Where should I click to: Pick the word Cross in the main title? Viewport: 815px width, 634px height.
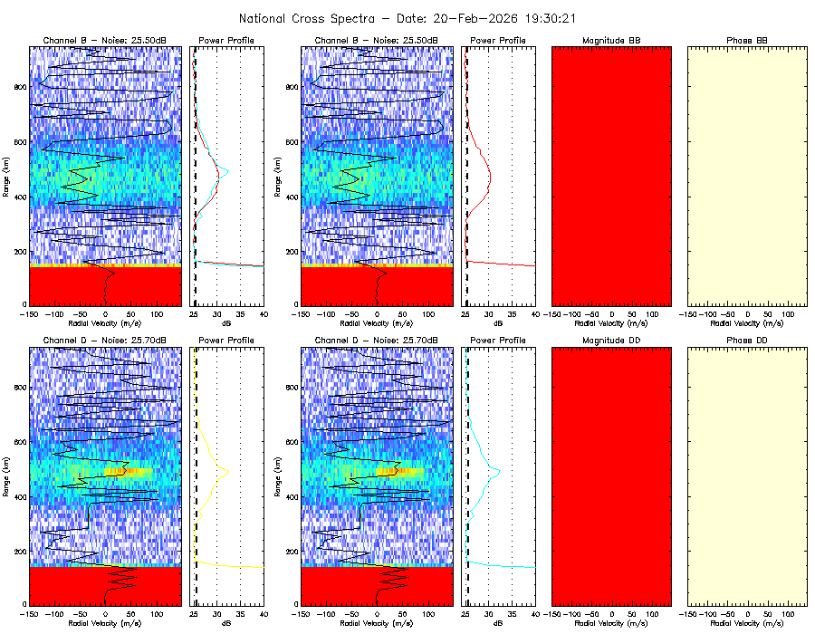(318, 18)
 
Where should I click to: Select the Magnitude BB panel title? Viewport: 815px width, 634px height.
(611, 41)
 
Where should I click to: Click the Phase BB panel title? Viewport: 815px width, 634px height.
(747, 41)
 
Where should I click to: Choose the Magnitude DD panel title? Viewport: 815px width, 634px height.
(611, 340)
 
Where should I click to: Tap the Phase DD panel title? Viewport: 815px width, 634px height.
(747, 340)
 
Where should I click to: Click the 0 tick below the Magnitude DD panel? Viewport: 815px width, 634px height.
(611, 613)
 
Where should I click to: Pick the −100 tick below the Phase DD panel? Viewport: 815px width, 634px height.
(707, 613)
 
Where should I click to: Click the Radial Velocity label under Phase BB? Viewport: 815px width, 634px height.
(747, 322)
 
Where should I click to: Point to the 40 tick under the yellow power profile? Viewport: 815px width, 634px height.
(264, 613)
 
